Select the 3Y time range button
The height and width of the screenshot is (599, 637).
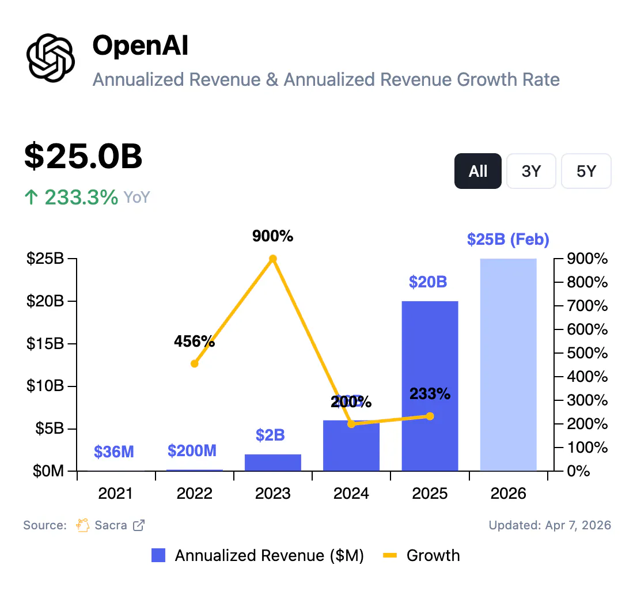[530, 171]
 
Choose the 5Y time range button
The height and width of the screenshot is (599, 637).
[586, 171]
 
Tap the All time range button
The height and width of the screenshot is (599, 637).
[478, 171]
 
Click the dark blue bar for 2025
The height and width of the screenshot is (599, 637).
[430, 386]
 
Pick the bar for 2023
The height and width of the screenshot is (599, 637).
[273, 462]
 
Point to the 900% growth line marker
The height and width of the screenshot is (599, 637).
[273, 259]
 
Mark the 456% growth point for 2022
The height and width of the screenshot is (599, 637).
[195, 363]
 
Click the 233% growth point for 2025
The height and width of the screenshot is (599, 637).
[430, 416]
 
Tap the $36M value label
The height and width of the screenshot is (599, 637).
[114, 452]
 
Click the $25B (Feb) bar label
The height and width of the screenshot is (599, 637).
[508, 239]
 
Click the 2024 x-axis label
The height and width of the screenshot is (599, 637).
[351, 494]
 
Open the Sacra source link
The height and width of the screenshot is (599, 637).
[111, 525]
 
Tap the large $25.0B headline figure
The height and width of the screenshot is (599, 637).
[83, 157]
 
